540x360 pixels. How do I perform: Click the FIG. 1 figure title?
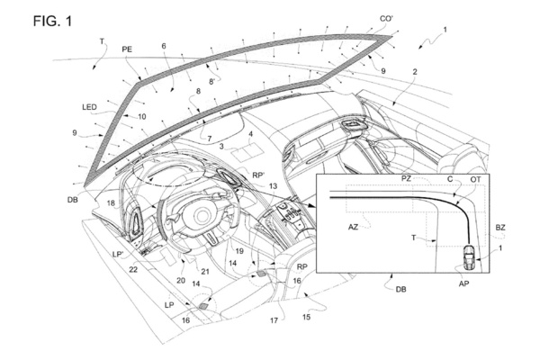pos(52,22)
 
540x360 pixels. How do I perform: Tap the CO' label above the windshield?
pos(386,19)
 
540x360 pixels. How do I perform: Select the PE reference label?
pos(127,49)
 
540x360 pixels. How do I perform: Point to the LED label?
pos(89,107)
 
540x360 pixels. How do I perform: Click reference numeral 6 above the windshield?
pos(164,46)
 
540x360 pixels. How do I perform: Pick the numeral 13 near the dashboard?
pos(273,186)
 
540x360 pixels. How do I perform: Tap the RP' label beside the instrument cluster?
pos(258,175)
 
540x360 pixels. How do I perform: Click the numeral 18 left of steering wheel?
pos(111,203)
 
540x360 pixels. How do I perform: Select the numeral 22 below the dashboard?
pos(133,269)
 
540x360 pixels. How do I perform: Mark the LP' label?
pos(118,254)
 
